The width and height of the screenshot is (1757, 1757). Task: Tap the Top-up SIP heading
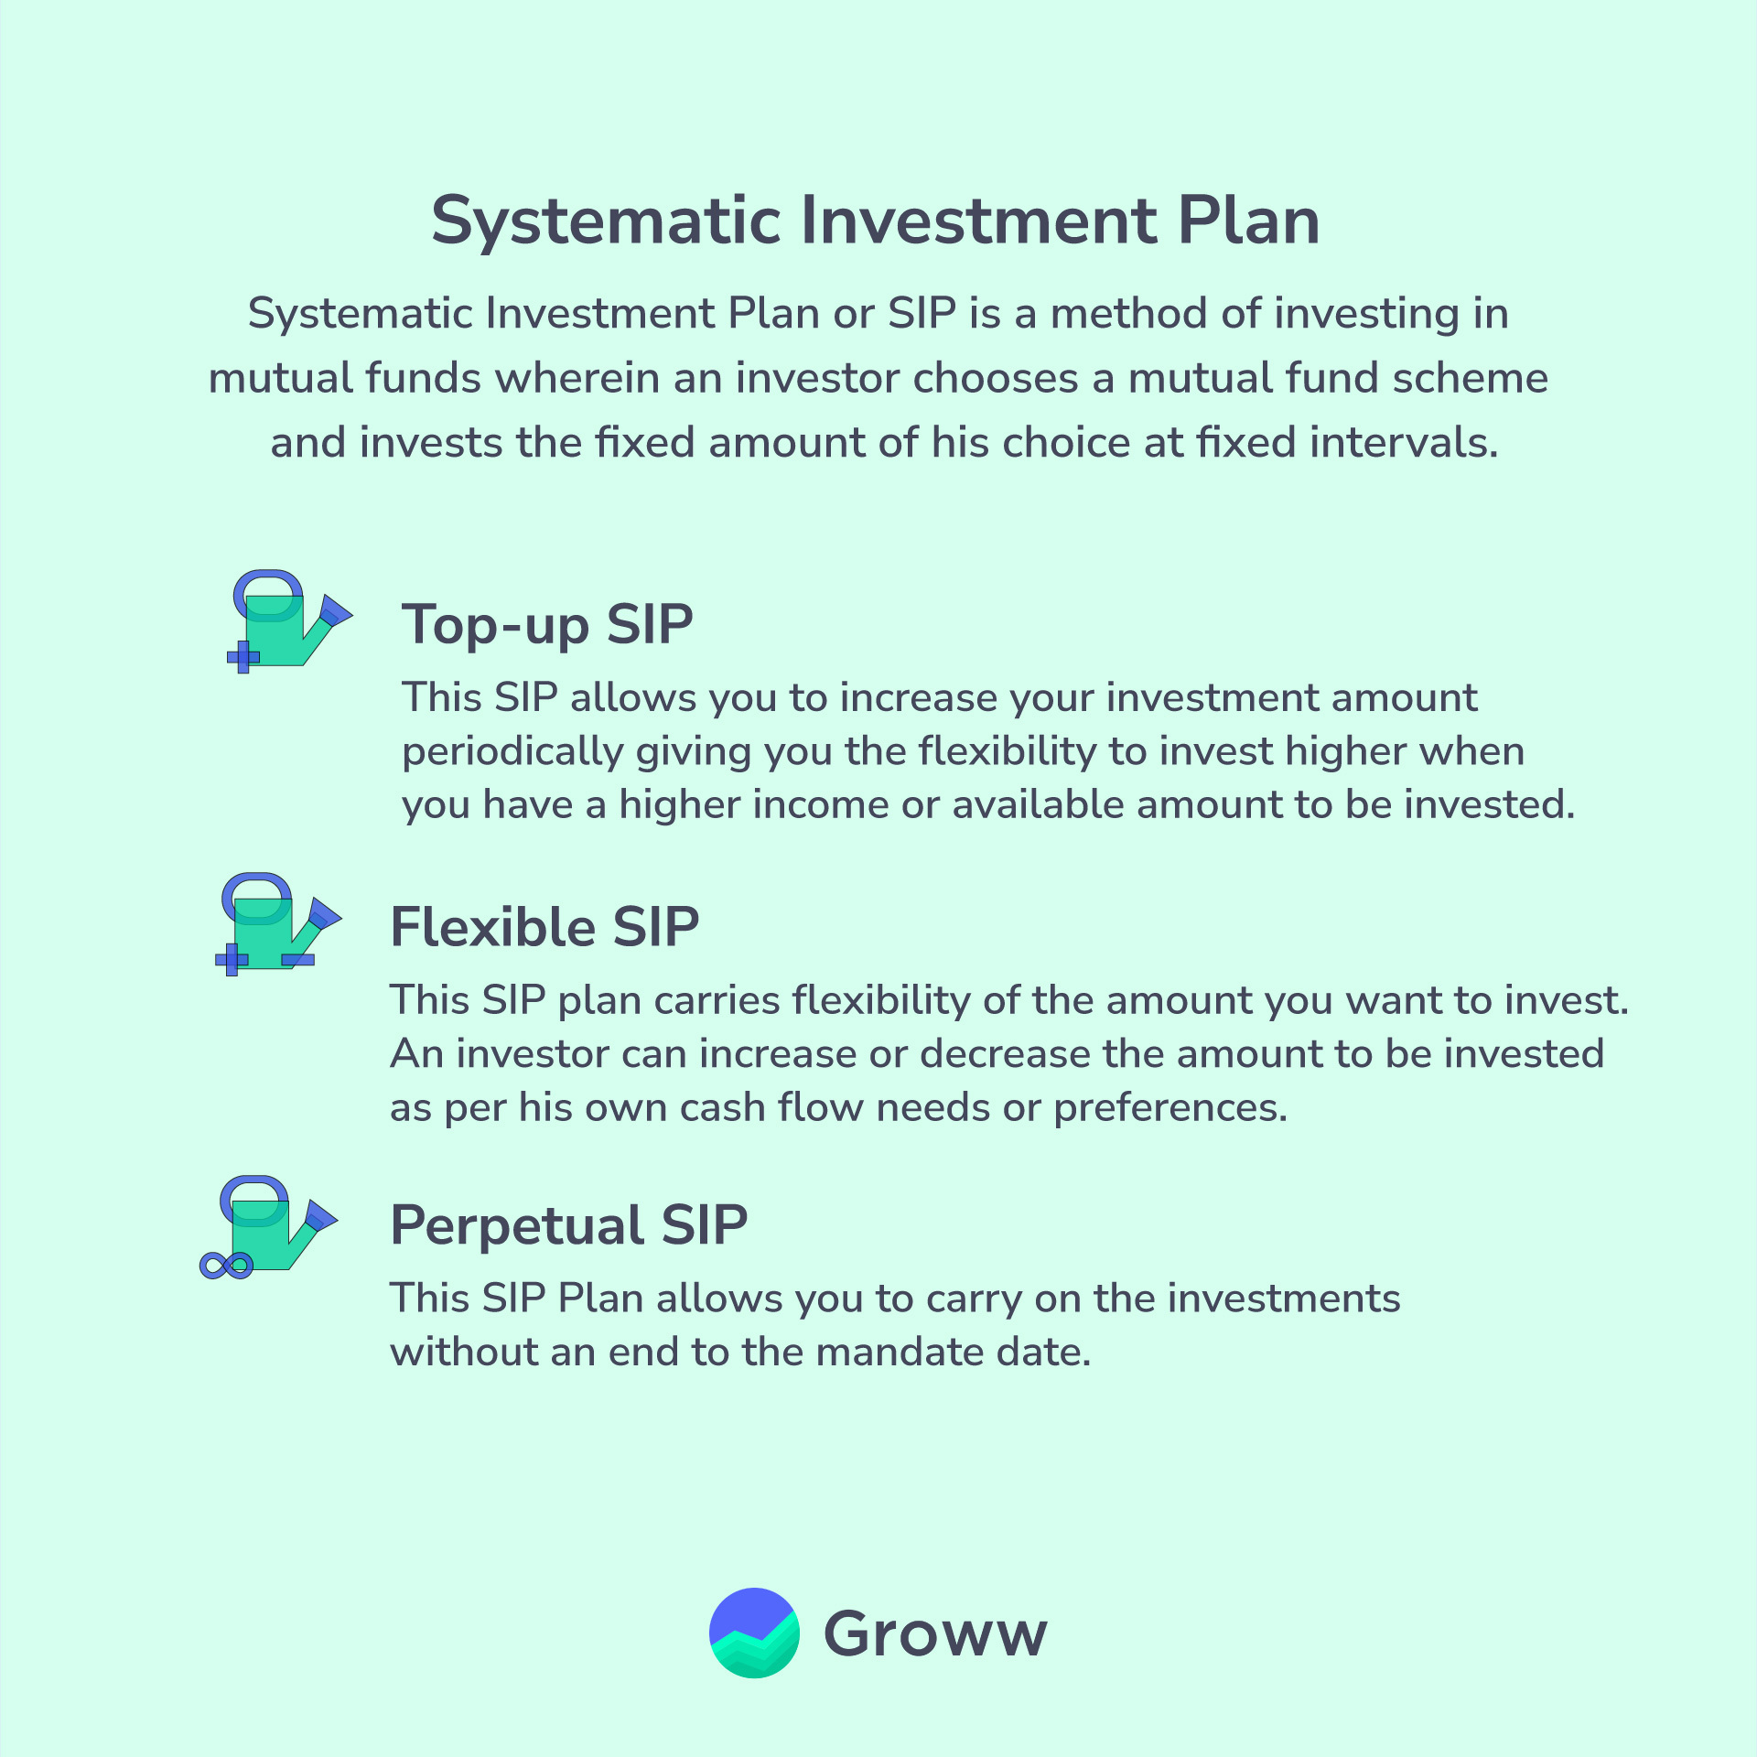(547, 626)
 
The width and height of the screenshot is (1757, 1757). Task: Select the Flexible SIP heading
(544, 927)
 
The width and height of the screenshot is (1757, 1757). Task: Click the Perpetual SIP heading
(569, 1225)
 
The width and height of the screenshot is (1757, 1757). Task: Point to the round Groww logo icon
(754, 1633)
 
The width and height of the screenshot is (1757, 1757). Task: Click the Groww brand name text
(935, 1634)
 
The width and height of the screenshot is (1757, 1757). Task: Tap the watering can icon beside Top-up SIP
(289, 622)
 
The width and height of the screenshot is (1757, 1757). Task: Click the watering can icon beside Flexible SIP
(278, 924)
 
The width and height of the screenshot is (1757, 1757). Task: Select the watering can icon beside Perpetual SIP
(269, 1227)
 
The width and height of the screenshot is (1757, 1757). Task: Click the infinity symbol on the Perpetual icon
(226, 1266)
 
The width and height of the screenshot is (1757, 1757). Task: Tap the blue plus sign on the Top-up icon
(243, 657)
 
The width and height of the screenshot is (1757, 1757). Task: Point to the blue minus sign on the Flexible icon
(298, 959)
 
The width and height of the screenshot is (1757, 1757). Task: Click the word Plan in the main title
(1248, 221)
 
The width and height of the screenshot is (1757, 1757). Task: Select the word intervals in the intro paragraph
(1404, 443)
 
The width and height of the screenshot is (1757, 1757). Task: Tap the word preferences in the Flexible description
(1170, 1109)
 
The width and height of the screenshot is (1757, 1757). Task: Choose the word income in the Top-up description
(820, 805)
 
